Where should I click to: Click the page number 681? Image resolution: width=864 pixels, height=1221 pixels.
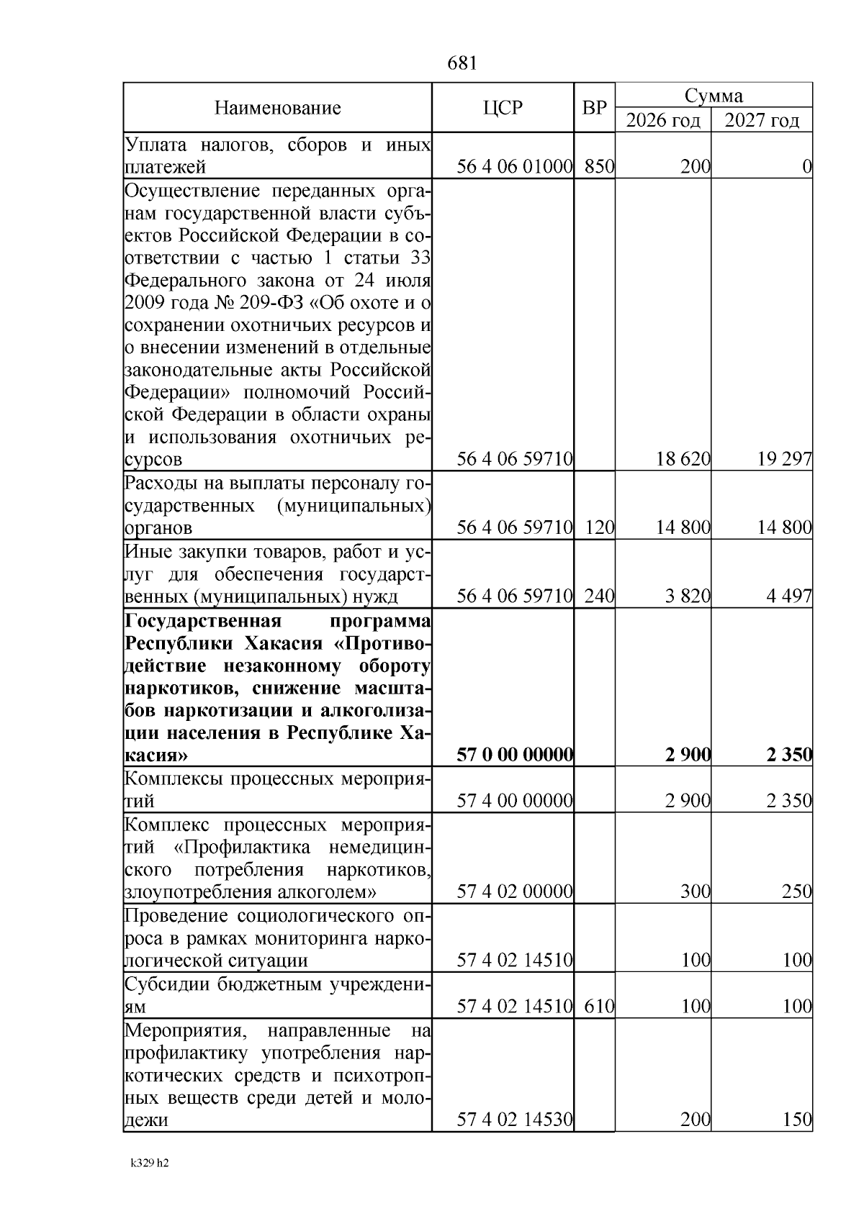pyautogui.click(x=462, y=64)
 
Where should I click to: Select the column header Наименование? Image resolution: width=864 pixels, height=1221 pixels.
pyautogui.click(x=277, y=109)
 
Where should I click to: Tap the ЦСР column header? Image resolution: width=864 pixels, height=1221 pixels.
pyautogui.click(x=503, y=108)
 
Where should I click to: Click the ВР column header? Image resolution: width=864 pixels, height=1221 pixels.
pyautogui.click(x=594, y=108)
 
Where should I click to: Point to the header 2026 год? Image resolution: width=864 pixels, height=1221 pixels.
pyautogui.click(x=663, y=120)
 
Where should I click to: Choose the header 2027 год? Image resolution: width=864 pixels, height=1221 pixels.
pyautogui.click(x=762, y=120)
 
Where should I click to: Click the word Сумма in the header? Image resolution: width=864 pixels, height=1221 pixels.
pyautogui.click(x=714, y=96)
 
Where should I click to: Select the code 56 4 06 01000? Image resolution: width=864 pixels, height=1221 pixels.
pyautogui.click(x=515, y=167)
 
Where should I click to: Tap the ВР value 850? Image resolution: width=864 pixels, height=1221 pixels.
pyautogui.click(x=599, y=167)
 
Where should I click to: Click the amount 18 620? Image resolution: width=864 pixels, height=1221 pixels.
pyautogui.click(x=683, y=459)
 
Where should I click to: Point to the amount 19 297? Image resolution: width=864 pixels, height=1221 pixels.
pyautogui.click(x=784, y=459)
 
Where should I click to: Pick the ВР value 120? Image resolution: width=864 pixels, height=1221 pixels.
pyautogui.click(x=599, y=528)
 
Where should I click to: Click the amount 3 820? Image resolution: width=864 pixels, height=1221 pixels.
pyautogui.click(x=688, y=596)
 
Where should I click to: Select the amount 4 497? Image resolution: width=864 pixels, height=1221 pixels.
pyautogui.click(x=789, y=596)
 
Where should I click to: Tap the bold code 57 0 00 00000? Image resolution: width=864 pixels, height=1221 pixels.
pyautogui.click(x=515, y=755)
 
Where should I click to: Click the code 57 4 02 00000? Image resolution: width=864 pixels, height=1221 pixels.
pyautogui.click(x=515, y=892)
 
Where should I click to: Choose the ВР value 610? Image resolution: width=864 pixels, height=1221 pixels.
pyautogui.click(x=599, y=1006)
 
